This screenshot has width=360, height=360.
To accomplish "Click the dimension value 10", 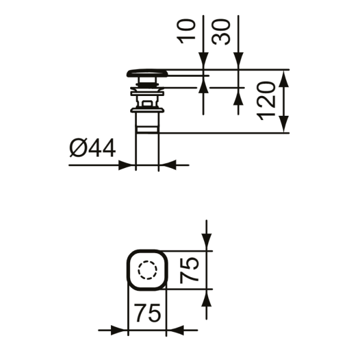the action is tap(186, 31).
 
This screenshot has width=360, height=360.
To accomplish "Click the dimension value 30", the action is tap(221, 32).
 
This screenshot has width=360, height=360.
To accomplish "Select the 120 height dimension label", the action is tap(266, 101).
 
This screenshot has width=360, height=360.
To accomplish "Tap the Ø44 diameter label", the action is tap(92, 148).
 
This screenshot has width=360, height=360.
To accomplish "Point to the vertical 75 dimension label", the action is tap(189, 270).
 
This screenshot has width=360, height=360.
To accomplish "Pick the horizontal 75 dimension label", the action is tap(147, 313).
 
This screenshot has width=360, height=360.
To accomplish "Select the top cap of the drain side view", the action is tap(148, 73).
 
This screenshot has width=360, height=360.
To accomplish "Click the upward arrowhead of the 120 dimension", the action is tap(284, 79).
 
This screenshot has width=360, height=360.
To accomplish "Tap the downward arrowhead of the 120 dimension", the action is tap(284, 124).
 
